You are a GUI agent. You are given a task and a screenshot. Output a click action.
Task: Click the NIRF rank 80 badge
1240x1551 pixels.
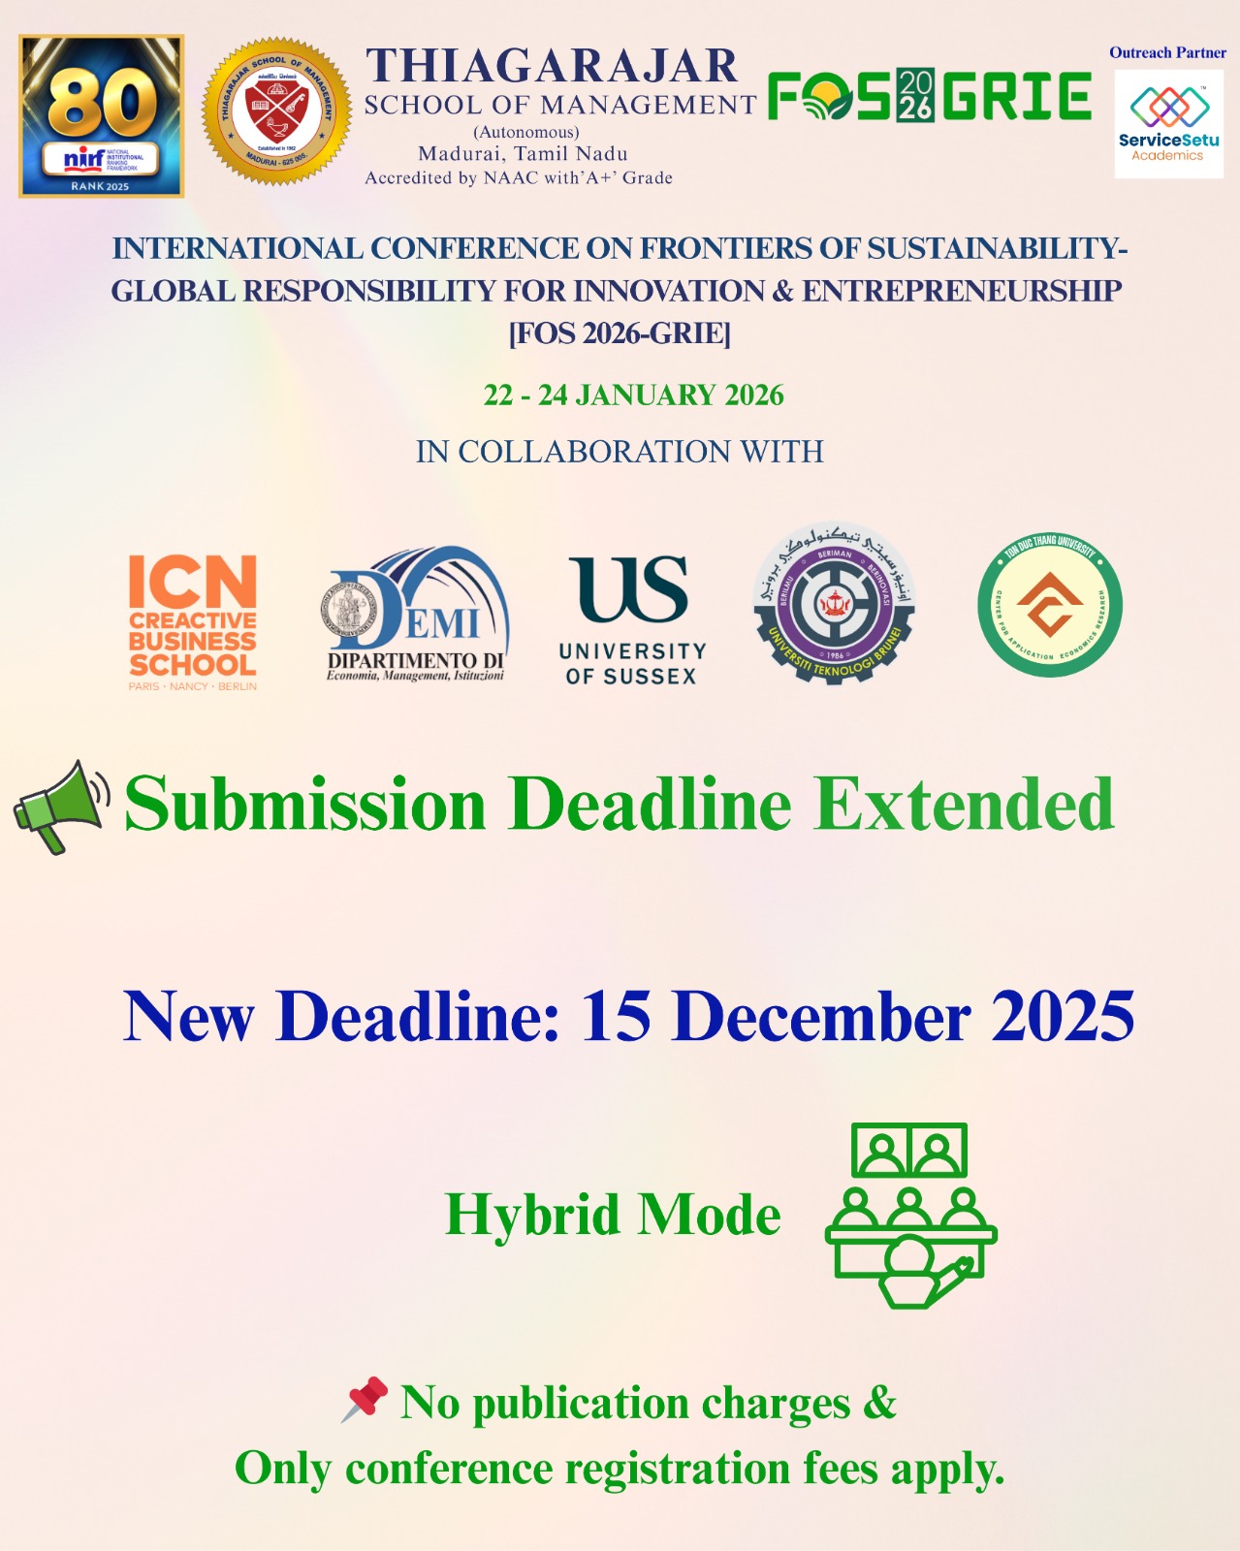point(102,116)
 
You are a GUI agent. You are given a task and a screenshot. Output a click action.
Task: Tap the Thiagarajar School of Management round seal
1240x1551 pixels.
point(277,111)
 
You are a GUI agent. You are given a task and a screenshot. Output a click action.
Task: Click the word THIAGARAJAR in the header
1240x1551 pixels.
point(552,67)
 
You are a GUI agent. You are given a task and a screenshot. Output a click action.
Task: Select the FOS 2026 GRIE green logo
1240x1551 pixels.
point(929,96)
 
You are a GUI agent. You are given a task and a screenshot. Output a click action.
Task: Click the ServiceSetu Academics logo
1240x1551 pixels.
point(1168,123)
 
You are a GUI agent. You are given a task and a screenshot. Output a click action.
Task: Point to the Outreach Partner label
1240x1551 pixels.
point(1167,53)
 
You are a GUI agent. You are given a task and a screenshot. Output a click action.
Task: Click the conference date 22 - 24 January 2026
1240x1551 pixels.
point(633,396)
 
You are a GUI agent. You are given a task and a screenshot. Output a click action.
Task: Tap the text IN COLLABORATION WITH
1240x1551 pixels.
point(620,452)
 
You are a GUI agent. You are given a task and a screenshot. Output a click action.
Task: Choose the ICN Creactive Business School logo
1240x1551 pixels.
point(193,621)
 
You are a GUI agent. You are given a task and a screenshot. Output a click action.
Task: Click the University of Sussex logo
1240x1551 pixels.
point(632,620)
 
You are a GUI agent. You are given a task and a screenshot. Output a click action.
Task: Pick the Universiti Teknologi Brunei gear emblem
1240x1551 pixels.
point(835,603)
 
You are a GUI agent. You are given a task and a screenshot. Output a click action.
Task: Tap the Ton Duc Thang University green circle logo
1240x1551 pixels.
point(1050,606)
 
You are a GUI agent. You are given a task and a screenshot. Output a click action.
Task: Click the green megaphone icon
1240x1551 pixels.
point(61,807)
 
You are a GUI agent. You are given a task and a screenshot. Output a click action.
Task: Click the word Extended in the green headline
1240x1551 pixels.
point(964,805)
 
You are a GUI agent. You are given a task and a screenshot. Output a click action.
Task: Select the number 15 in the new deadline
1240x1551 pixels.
point(616,1017)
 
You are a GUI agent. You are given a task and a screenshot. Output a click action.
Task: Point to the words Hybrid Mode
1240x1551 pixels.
point(613,1215)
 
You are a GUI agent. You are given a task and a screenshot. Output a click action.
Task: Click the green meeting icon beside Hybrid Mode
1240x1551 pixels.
point(910,1215)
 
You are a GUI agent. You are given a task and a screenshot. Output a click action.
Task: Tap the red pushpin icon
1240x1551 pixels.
point(365,1400)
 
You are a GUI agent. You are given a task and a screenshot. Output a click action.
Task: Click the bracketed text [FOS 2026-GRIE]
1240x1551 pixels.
point(620,333)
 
